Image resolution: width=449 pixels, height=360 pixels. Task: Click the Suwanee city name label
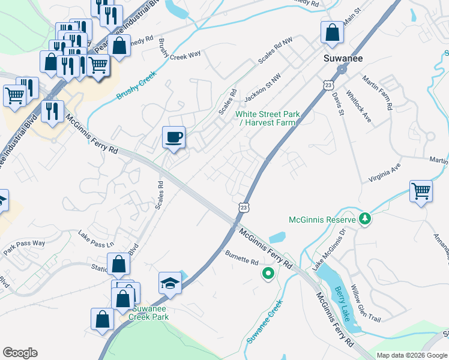(340, 59)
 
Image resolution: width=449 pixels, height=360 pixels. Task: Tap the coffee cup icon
(174, 137)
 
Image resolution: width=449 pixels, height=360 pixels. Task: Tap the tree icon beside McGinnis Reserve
(364, 219)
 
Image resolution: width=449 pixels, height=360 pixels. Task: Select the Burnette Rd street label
(241, 262)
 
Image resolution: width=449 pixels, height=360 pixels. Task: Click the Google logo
(20, 353)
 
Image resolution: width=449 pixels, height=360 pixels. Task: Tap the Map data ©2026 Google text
(412, 355)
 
